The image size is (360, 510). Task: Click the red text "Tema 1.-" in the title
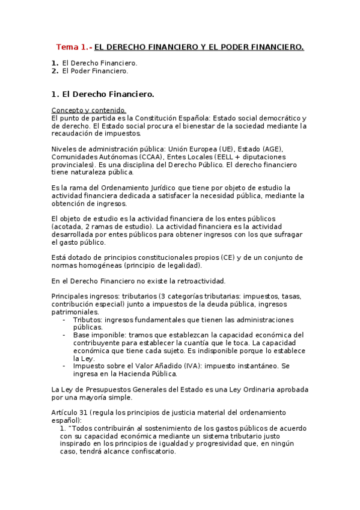click(x=74, y=46)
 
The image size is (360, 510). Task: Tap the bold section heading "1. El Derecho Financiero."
click(x=103, y=94)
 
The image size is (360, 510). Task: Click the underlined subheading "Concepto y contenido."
click(x=89, y=110)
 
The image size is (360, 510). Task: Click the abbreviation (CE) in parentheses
click(x=229, y=257)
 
